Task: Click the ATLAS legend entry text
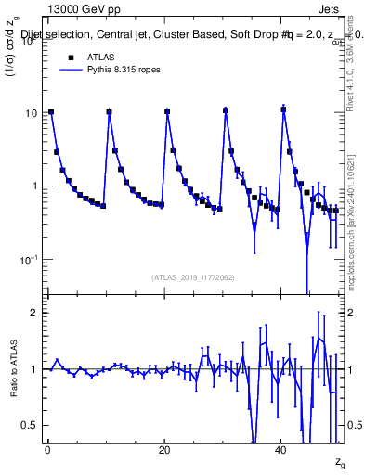click(100, 57)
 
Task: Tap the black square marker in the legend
click(71, 57)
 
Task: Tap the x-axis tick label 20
click(164, 450)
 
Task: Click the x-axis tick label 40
click(281, 450)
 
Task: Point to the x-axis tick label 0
click(47, 450)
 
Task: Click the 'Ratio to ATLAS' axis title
click(12, 368)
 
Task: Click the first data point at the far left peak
click(51, 112)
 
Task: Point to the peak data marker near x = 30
click(226, 110)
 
